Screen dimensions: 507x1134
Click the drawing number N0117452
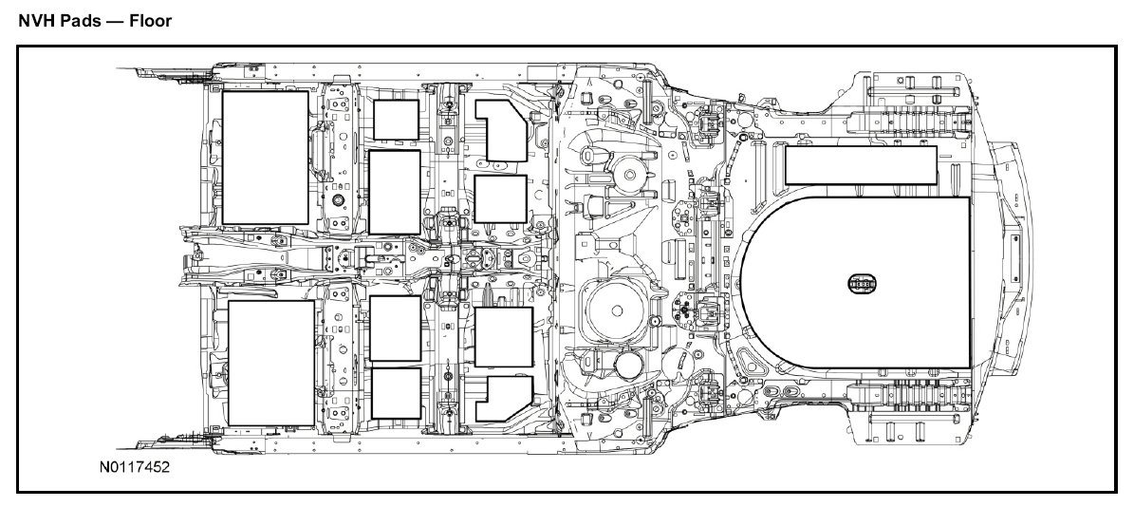pyautogui.click(x=132, y=468)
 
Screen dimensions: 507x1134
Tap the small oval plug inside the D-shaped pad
pyautogui.click(x=862, y=282)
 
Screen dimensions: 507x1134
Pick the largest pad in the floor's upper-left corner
pyautogui.click(x=265, y=158)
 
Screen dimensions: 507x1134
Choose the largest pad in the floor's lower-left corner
pyautogui.click(x=271, y=363)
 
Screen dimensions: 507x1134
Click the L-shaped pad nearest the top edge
pyautogui.click(x=503, y=130)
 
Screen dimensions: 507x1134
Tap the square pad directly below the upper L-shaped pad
pyautogui.click(x=500, y=198)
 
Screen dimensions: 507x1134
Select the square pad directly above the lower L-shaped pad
pyautogui.click(x=503, y=337)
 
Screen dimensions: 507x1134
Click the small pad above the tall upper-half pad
pyautogui.click(x=396, y=121)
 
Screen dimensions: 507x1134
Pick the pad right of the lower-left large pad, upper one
pyautogui.click(x=395, y=329)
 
